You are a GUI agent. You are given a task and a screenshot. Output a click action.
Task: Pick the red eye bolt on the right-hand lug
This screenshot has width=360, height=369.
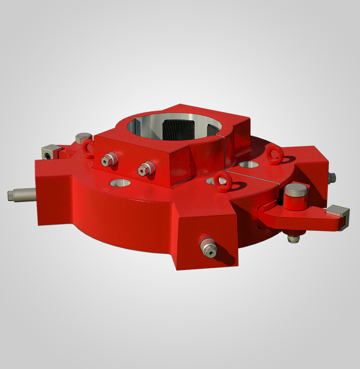273,154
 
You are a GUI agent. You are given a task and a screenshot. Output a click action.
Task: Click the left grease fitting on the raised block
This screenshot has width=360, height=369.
109,159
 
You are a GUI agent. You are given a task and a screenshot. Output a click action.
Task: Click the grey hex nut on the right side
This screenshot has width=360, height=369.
332,177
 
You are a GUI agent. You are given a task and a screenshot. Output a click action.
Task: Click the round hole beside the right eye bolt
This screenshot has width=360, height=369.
247,166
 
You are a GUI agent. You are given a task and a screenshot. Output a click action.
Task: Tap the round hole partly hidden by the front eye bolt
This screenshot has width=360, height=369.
211,181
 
